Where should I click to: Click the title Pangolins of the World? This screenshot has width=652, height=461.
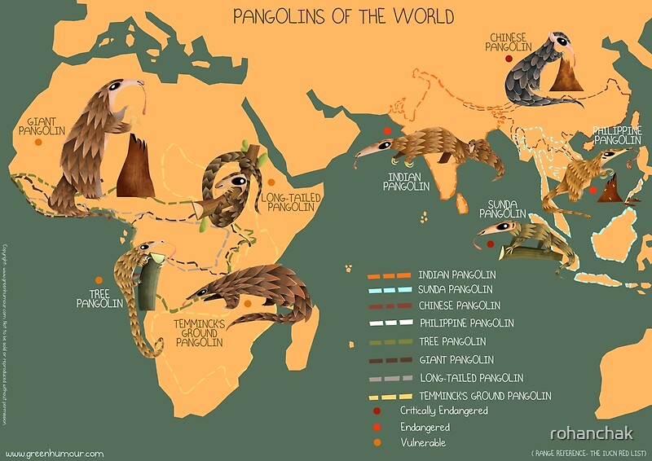click(x=343, y=16)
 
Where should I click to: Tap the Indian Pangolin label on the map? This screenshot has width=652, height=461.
click(x=406, y=181)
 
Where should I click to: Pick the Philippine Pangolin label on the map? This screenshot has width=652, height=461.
click(x=617, y=135)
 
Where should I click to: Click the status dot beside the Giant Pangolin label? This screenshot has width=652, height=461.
click(x=37, y=143)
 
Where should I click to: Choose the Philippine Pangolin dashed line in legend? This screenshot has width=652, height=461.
click(x=384, y=323)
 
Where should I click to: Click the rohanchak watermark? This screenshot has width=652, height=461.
click(x=591, y=433)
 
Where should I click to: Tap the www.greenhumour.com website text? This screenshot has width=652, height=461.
click(x=55, y=453)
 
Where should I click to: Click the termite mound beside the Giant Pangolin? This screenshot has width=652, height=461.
click(x=135, y=167)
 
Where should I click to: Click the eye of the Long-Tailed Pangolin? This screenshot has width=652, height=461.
click(x=236, y=180)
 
